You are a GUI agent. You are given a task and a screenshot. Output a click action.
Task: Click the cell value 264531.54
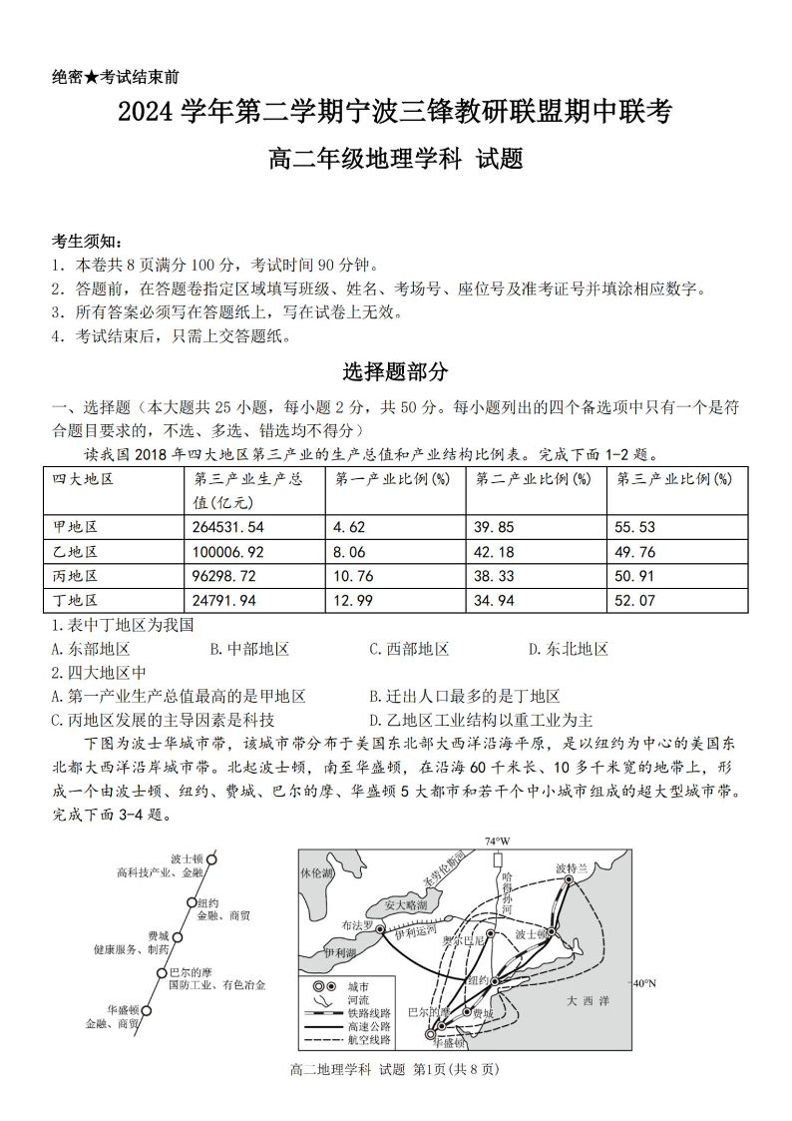point(228,527)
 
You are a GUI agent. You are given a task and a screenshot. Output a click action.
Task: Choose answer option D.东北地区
point(568,649)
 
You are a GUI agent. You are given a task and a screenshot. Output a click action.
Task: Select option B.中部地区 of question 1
point(249,649)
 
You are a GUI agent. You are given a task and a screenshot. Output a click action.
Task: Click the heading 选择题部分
point(396,372)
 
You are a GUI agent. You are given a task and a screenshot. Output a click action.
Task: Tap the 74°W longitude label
point(497,841)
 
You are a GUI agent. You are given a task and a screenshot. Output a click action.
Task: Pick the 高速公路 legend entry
point(370,1025)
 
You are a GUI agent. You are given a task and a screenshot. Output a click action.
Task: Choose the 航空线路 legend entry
point(370,1039)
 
